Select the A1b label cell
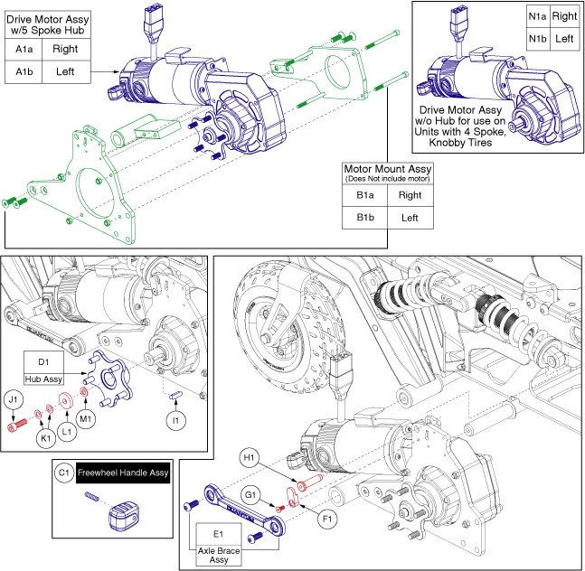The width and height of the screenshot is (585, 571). point(24,71)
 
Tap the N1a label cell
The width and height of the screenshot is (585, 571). point(537,16)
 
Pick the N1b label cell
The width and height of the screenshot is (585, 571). point(537,39)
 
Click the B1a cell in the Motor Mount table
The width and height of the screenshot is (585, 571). point(365,194)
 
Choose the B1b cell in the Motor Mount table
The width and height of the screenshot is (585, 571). point(365,218)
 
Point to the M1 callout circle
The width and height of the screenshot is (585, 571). point(85,419)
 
